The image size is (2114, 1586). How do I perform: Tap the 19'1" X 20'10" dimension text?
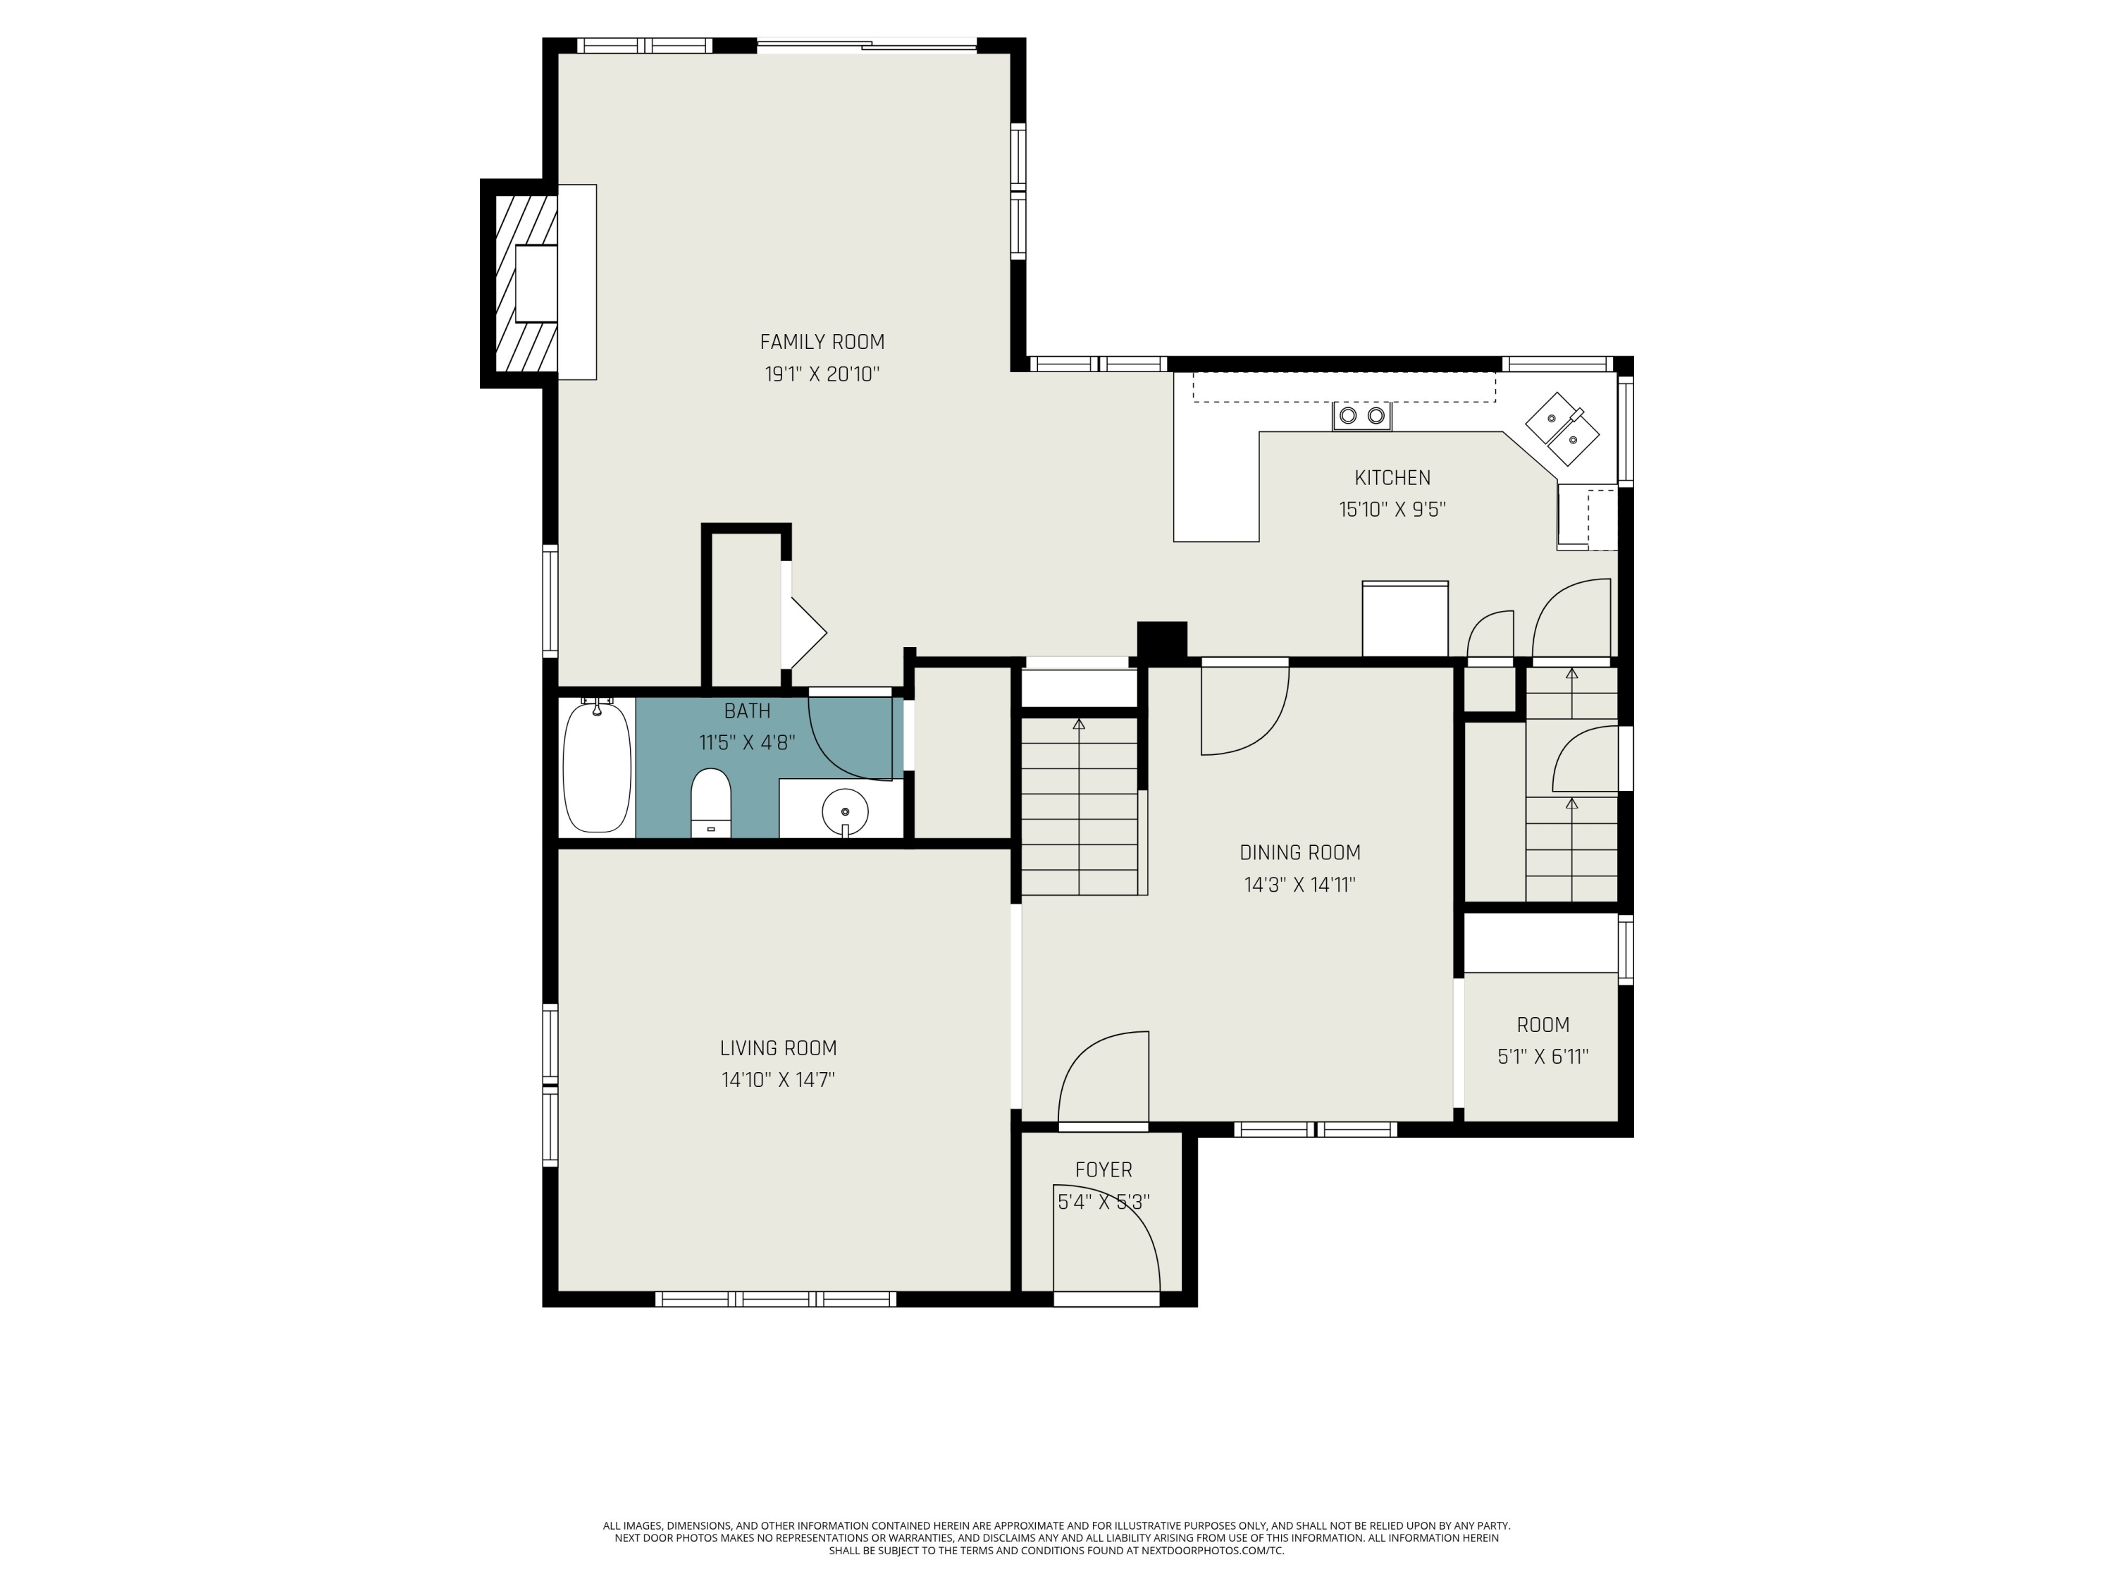click(822, 374)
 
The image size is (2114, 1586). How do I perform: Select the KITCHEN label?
click(1392, 478)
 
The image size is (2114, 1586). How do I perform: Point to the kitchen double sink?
click(1562, 429)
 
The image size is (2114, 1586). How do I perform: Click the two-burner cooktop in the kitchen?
click(1362, 416)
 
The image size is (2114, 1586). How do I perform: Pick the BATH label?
click(748, 711)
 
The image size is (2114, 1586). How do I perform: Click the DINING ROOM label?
click(1299, 853)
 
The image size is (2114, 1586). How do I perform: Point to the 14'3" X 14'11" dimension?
click(1299, 885)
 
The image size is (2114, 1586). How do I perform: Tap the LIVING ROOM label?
click(778, 1047)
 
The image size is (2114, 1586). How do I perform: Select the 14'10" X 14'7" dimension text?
click(778, 1081)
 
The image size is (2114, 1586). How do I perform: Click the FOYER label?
click(1104, 1169)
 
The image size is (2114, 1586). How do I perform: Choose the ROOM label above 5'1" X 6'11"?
click(1543, 1025)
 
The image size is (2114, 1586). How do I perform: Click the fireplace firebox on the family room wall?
click(536, 283)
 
